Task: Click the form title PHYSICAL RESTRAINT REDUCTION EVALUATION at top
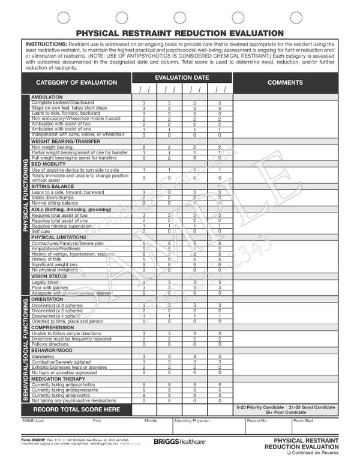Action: (179, 34)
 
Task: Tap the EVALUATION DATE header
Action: (182, 78)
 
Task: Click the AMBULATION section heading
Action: (46, 97)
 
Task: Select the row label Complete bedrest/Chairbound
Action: (59, 103)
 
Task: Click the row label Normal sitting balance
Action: (56, 203)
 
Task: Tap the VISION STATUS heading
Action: (52, 276)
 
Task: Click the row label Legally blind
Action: (45, 282)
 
